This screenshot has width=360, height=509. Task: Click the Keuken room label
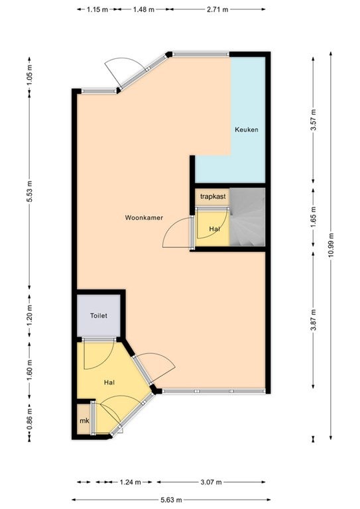click(x=247, y=129)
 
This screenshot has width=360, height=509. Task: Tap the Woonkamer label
click(x=144, y=217)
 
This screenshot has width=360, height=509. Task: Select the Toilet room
click(x=99, y=315)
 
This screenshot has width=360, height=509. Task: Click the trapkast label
click(x=213, y=196)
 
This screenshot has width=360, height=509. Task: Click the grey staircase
click(x=247, y=217)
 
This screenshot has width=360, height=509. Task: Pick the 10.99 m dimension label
click(x=331, y=245)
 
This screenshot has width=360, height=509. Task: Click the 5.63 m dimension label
click(x=171, y=500)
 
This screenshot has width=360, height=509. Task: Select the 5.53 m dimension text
click(x=30, y=191)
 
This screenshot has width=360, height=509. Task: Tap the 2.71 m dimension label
click(x=217, y=9)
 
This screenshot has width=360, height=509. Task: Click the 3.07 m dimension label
click(x=211, y=482)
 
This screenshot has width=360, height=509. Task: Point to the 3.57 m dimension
click(x=313, y=120)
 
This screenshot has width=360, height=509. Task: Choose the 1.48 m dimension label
click(x=143, y=9)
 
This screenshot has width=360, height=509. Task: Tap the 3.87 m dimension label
click(x=313, y=320)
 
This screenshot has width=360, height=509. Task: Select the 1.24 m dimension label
click(x=130, y=482)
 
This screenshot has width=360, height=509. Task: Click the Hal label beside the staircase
click(x=215, y=229)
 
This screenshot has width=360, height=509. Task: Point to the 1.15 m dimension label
click(x=97, y=9)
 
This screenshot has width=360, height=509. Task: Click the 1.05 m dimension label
click(x=30, y=75)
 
